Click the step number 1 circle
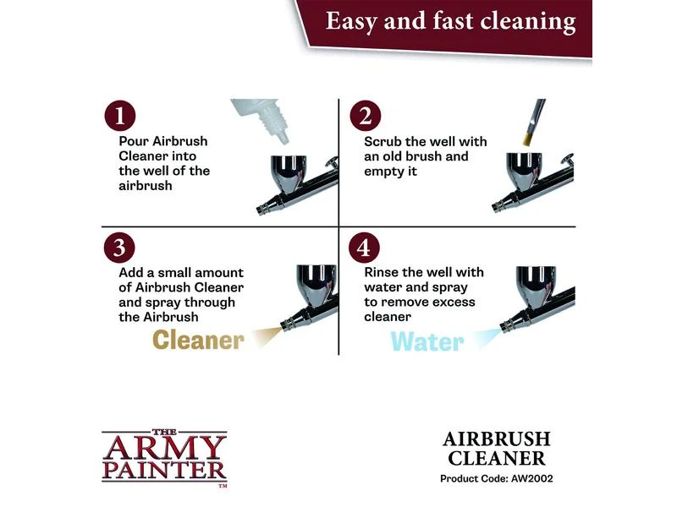coord(120,116)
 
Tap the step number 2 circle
coord(366,116)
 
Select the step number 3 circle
coord(119,248)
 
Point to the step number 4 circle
coord(364,248)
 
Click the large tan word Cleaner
coord(198,340)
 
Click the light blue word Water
coord(427,342)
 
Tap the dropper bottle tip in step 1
coord(283,139)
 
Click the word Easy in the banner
coord(351,22)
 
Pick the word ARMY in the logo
coord(164,448)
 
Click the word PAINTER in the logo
coord(164,472)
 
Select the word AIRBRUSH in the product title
coord(497,439)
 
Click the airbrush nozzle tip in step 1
coord(261,210)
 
